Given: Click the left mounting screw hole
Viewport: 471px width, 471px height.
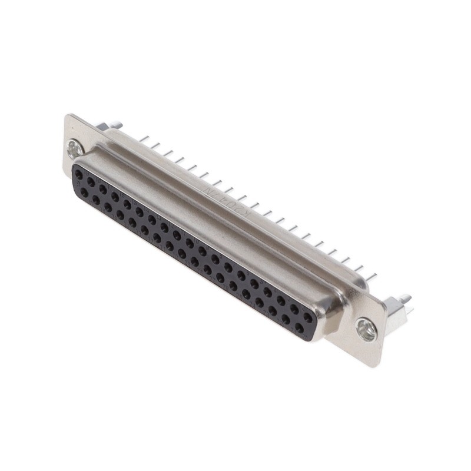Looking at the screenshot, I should (x=75, y=150).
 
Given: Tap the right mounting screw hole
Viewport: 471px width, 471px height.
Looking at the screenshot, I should (x=366, y=330).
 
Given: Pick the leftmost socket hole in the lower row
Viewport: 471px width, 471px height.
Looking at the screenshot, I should (x=84, y=192).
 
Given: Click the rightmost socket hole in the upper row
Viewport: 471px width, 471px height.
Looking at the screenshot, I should (x=307, y=317).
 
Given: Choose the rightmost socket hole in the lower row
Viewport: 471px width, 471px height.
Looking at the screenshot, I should (x=299, y=327).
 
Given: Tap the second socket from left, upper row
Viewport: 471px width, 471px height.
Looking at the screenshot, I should (x=91, y=182).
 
